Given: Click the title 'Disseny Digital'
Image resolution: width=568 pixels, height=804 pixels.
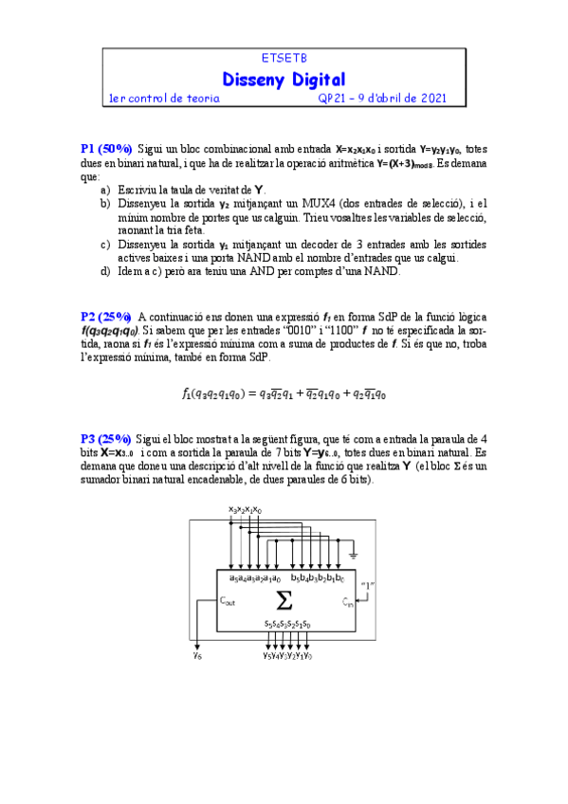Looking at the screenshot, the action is (x=284, y=79).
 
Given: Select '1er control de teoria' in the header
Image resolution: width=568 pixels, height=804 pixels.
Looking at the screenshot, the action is (x=165, y=98).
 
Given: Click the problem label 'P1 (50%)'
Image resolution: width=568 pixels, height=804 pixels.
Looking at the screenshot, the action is (x=106, y=150).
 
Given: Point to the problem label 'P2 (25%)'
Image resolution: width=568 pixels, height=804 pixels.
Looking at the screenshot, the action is (x=106, y=317).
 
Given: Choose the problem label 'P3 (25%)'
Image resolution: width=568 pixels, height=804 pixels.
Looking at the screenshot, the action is (x=106, y=440).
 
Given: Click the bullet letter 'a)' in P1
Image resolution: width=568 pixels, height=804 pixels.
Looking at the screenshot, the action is (x=105, y=191).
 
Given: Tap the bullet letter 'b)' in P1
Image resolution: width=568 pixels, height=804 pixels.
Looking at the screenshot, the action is (x=105, y=204).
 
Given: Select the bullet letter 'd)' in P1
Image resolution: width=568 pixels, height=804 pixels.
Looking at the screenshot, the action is (x=105, y=272).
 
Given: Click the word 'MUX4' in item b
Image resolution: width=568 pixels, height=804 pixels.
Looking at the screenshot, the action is (x=311, y=204).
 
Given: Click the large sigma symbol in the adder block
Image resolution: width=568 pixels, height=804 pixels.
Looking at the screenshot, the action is (x=284, y=600).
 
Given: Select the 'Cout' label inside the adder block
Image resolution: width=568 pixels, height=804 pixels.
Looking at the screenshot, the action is (x=228, y=600).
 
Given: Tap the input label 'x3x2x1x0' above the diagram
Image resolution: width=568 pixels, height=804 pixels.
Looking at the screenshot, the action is (x=246, y=510).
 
